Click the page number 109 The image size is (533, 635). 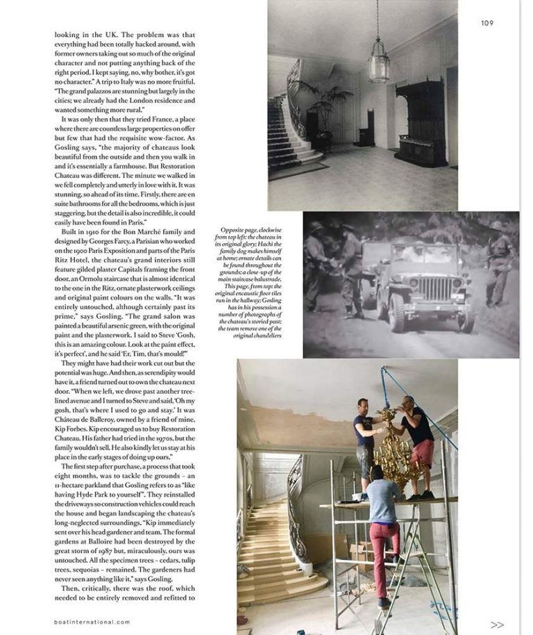click(x=487, y=23)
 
